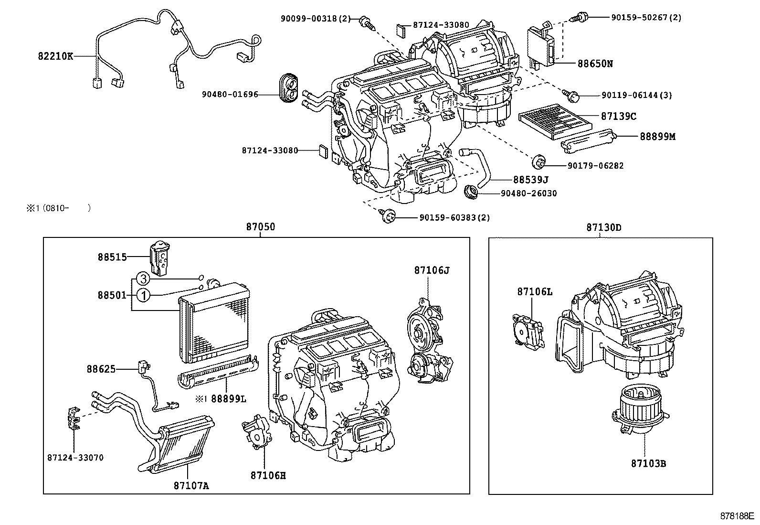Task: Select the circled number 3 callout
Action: click(143, 279)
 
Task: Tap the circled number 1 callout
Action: click(143, 296)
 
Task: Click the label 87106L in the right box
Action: click(534, 291)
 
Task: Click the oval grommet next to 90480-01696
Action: click(287, 88)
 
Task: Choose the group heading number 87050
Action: click(261, 227)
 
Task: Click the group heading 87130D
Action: click(603, 227)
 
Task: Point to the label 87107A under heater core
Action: click(191, 485)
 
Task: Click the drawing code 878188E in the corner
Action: click(737, 516)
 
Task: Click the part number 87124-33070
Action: click(75, 457)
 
